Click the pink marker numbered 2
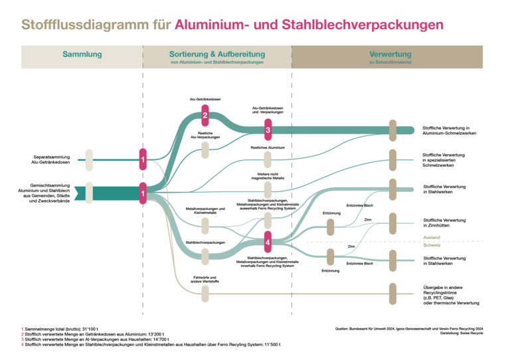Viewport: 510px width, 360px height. click(205, 115)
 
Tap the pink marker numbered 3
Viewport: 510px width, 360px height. click(268, 130)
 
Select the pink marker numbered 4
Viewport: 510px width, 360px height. click(268, 242)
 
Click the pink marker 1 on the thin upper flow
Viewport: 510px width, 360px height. click(143, 159)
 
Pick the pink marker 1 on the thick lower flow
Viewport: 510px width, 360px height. click(143, 193)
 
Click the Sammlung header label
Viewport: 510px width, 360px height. click(82, 54)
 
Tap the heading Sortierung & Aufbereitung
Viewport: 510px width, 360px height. click(217, 54)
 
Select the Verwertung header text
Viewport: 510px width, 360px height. click(390, 54)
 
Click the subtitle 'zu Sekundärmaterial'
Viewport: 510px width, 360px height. click(390, 62)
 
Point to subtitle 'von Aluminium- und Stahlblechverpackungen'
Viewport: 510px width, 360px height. click(217, 62)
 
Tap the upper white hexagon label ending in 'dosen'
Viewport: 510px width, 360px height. click(66, 159)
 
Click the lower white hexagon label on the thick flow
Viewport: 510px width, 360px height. click(66, 193)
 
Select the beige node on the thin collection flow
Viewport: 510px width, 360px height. click(89, 159)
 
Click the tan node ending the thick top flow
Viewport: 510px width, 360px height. click(392, 130)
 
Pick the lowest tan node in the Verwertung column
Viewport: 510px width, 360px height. click(392, 294)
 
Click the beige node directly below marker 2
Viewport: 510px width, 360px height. click(205, 150)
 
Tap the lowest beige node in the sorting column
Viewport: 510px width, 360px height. click(205, 294)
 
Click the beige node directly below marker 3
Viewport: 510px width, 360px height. click(268, 159)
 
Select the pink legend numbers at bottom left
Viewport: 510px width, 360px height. click(23, 336)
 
